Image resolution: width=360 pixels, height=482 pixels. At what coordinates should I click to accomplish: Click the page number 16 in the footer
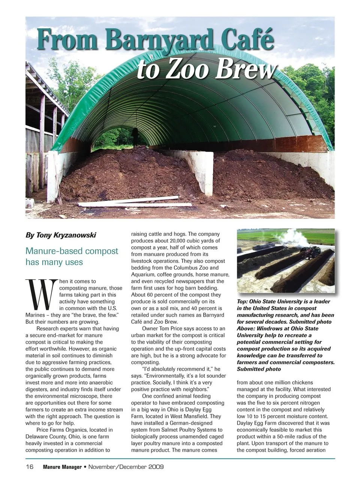click(x=30, y=467)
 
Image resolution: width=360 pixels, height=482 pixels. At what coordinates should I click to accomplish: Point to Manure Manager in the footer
click(x=62, y=467)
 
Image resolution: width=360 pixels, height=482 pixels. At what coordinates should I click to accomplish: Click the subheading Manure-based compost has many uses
click(x=72, y=256)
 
